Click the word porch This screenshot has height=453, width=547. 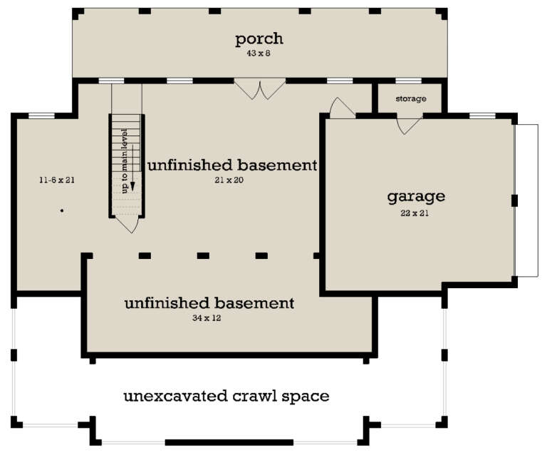pyautogui.click(x=260, y=38)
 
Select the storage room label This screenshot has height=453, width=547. pyautogui.click(x=410, y=98)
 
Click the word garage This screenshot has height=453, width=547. pyautogui.click(x=416, y=195)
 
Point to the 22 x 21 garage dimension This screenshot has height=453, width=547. pyautogui.click(x=416, y=212)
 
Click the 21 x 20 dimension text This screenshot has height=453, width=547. pyautogui.click(x=232, y=180)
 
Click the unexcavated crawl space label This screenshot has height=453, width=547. pyautogui.click(x=226, y=395)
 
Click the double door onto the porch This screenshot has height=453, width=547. pyautogui.click(x=260, y=89)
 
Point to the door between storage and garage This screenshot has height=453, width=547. pyautogui.click(x=409, y=125)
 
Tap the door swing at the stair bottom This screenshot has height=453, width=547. pyautogui.click(x=127, y=224)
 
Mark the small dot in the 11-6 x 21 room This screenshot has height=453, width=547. pyautogui.click(x=62, y=210)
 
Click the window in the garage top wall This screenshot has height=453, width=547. pyautogui.click(x=482, y=115)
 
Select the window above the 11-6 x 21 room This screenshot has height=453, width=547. pyautogui.click(x=41, y=115)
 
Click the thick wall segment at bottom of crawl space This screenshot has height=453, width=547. pyautogui.click(x=229, y=442)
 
